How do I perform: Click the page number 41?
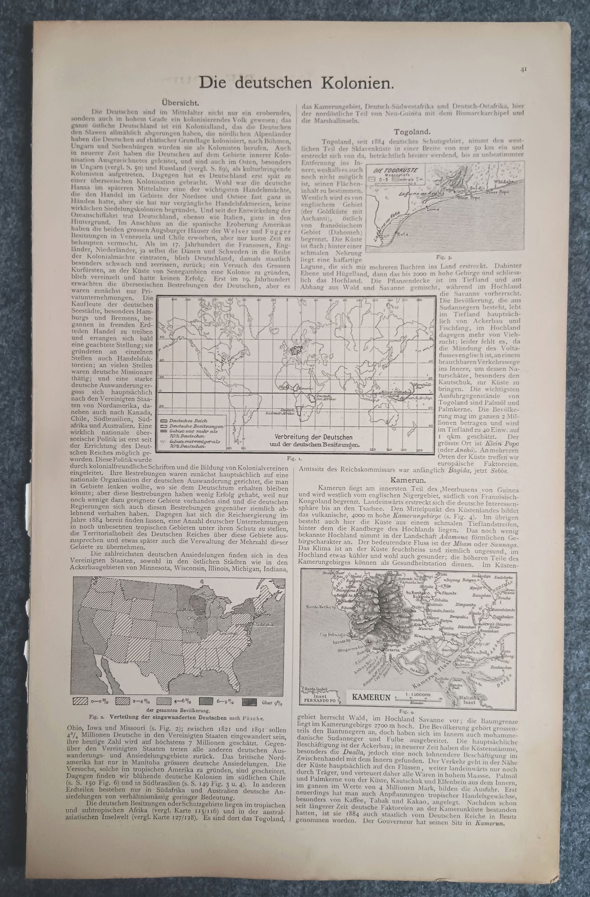523,69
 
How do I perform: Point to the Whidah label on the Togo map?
505,182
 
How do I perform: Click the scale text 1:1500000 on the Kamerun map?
418,707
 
